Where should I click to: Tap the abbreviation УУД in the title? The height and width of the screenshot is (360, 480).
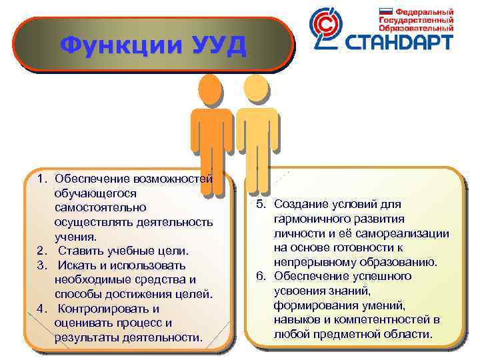coord(211,45)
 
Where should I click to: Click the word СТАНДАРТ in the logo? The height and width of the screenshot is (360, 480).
coord(399,43)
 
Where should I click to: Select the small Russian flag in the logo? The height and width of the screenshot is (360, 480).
coord(385,11)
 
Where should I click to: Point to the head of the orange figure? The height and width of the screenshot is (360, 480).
coord(209,89)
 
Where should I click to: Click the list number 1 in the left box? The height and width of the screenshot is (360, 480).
coord(41,179)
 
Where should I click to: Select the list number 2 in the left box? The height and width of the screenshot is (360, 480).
coord(41,251)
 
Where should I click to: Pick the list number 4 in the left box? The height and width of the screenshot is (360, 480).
coord(41,309)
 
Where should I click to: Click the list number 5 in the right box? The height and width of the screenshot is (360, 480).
coord(261,203)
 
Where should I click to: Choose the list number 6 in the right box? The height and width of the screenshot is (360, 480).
coord(261,276)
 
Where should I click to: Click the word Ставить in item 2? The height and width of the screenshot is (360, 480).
coord(81,251)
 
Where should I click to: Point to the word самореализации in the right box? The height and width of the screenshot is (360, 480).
coord(407,233)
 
